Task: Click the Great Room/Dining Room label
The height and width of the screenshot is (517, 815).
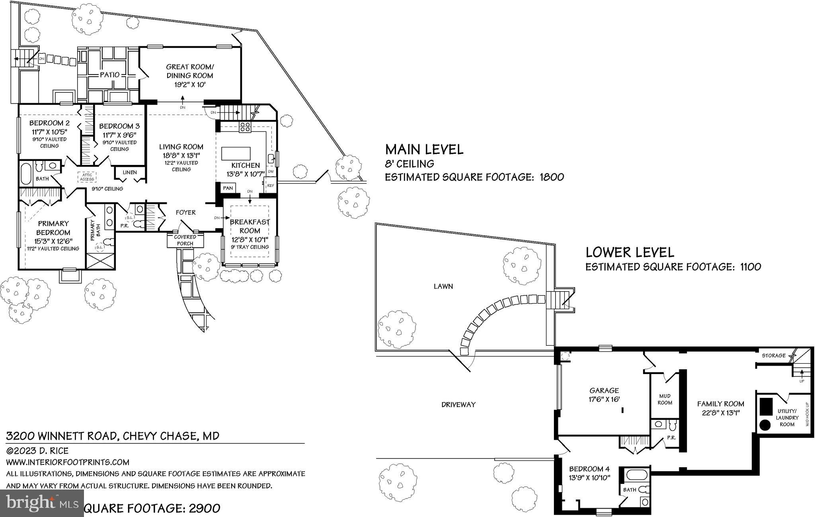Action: click(x=190, y=71)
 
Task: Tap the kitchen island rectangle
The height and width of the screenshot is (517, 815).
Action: click(x=236, y=153)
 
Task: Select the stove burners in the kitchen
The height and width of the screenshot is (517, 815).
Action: click(x=244, y=127)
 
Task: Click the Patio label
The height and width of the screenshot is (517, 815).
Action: click(x=109, y=74)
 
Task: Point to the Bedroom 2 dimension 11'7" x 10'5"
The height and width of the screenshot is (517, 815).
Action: click(x=49, y=131)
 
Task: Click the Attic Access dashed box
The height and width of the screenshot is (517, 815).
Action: click(x=87, y=177)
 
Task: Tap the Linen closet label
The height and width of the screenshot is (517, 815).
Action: click(x=130, y=172)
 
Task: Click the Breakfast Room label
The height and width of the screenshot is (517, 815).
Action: click(x=250, y=226)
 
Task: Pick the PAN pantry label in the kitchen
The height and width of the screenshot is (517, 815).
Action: click(x=228, y=188)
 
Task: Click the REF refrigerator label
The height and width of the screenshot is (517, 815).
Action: click(x=271, y=186)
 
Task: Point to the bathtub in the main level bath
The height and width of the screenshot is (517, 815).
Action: click(x=25, y=173)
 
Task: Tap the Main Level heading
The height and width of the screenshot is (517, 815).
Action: click(x=424, y=149)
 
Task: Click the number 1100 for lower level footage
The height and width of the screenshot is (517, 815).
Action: click(x=750, y=267)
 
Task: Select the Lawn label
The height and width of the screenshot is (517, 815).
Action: click(x=443, y=286)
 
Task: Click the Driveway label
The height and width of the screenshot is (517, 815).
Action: click(x=458, y=405)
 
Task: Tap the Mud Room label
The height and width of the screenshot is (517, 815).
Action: click(x=665, y=399)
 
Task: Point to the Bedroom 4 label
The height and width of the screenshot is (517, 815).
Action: click(x=589, y=469)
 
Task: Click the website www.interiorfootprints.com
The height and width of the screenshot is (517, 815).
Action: click(x=68, y=462)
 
